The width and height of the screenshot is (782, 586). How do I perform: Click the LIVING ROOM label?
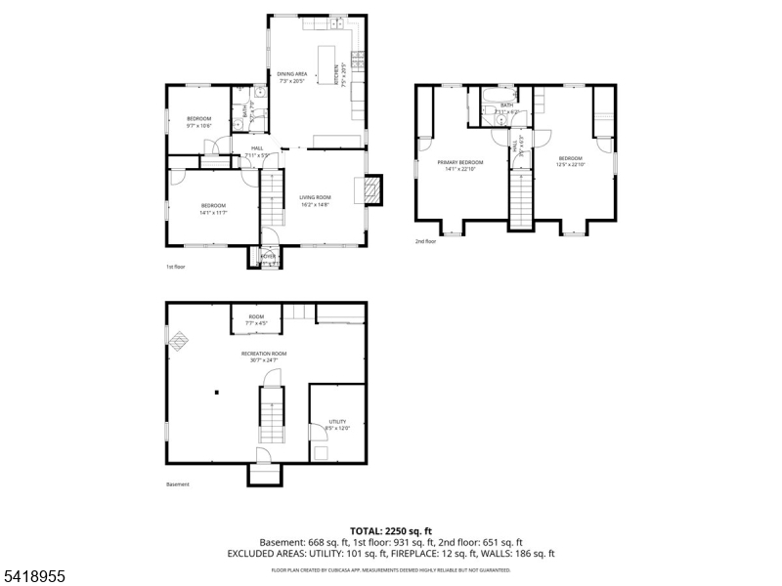coord(315,197)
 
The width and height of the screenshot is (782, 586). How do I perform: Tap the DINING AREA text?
coord(292,74)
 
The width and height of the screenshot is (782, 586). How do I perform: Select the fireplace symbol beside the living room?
coord(372,189)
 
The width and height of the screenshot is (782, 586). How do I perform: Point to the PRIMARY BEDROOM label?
coord(459,162)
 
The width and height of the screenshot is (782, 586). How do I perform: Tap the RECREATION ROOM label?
coord(264,354)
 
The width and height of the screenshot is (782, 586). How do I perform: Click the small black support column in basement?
coord(216,394)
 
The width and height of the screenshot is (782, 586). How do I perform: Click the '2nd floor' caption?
coord(425,241)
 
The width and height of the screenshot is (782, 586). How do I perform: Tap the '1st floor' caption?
coord(174,266)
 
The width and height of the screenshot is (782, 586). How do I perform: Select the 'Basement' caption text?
coord(177,484)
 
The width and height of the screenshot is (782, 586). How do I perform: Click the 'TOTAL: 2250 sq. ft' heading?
coord(390,530)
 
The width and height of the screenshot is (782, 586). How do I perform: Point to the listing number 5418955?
coord(35,577)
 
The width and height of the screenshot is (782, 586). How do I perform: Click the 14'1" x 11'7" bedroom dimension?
coord(213,212)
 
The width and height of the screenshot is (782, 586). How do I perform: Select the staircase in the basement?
coord(271,414)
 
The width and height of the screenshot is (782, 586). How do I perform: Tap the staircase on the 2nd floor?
coord(523,198)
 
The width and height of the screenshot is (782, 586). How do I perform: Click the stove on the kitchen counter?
coord(358,62)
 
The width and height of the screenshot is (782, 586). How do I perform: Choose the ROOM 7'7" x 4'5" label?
coord(256,319)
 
